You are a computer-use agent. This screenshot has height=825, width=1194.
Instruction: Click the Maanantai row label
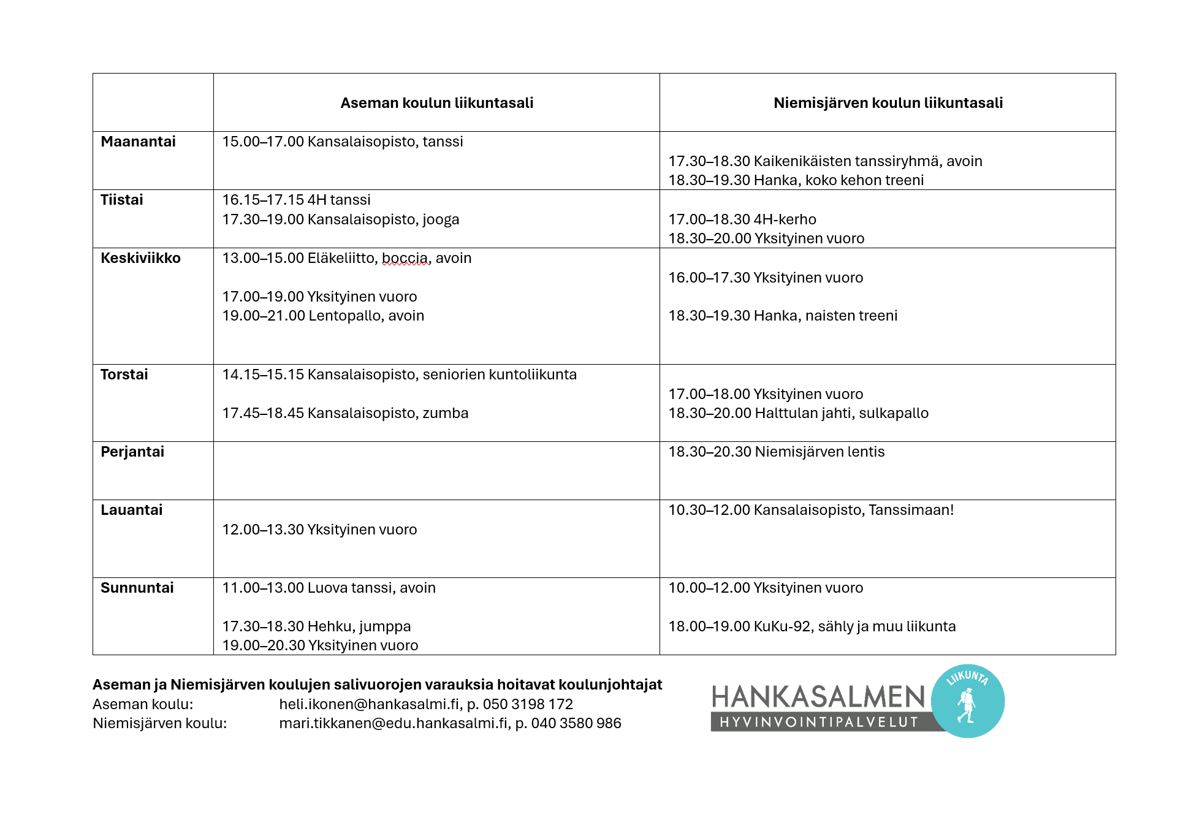[x=138, y=142]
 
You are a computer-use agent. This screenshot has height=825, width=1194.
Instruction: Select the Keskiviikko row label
[x=140, y=258]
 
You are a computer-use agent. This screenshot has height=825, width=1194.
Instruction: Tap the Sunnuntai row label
[x=137, y=588]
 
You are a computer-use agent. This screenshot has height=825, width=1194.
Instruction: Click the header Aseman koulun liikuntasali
[x=436, y=103]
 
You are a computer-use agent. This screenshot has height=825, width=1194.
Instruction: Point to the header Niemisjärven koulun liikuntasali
[x=888, y=103]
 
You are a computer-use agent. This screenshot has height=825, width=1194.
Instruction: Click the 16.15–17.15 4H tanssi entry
[x=296, y=200]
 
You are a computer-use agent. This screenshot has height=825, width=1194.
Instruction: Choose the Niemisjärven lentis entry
[x=776, y=452]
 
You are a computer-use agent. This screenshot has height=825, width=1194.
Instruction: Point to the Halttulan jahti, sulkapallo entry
[x=798, y=413]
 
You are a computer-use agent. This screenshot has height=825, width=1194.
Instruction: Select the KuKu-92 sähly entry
[x=812, y=626]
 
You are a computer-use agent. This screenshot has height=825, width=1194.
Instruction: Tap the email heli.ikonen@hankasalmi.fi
[x=369, y=704]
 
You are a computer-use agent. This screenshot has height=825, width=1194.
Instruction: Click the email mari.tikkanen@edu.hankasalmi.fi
[x=394, y=723]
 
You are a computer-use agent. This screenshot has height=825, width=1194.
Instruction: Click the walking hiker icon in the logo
[x=967, y=705]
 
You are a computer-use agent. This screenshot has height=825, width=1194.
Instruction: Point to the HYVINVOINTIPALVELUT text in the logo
[x=818, y=722]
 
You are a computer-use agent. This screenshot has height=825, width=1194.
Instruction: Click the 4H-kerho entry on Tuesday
[x=742, y=219]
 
